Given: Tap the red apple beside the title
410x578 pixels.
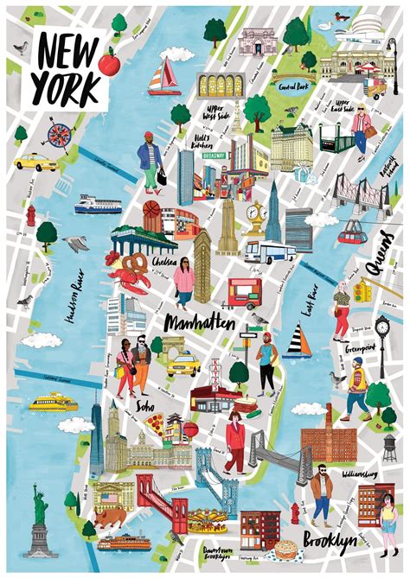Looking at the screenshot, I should [x=109, y=62].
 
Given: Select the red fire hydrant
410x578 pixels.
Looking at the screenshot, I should [x=31, y=213].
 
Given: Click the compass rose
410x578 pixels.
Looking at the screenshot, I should [x=60, y=134].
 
